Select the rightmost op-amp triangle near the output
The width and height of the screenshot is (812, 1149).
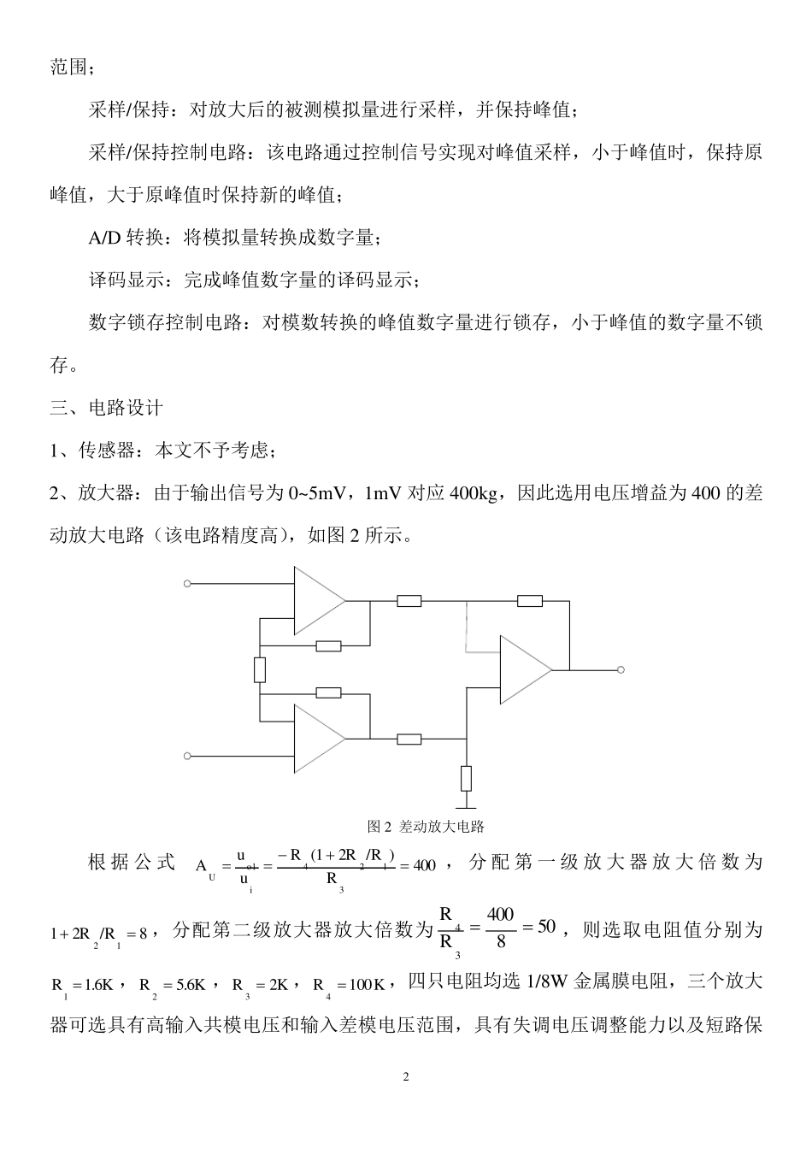point(524,669)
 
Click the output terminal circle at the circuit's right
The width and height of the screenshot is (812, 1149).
point(621,669)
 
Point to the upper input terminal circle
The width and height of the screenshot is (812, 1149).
point(187,584)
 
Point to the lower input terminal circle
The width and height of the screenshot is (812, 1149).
point(187,756)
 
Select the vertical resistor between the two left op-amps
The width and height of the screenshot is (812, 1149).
point(260,669)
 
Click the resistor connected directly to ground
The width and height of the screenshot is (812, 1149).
point(466,779)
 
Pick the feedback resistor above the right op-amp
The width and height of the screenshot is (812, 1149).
point(530,600)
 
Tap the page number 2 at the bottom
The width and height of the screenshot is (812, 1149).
point(406,1076)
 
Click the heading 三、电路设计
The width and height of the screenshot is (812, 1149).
point(106,408)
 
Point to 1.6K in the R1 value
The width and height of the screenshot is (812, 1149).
point(98,984)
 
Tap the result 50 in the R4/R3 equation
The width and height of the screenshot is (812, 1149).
point(547,927)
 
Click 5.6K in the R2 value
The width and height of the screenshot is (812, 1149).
point(187,984)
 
